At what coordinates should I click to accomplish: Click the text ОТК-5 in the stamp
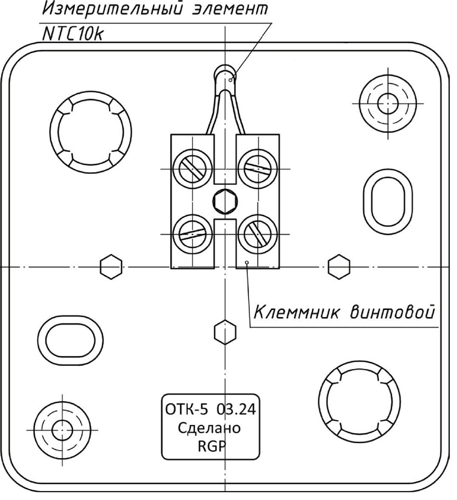click(186, 410)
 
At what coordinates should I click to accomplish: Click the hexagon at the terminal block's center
click(224, 202)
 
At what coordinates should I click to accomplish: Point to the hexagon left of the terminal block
click(110, 267)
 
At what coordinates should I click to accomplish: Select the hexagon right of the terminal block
click(338, 267)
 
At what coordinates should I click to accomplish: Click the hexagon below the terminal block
click(224, 331)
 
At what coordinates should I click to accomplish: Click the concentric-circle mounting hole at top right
click(387, 102)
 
